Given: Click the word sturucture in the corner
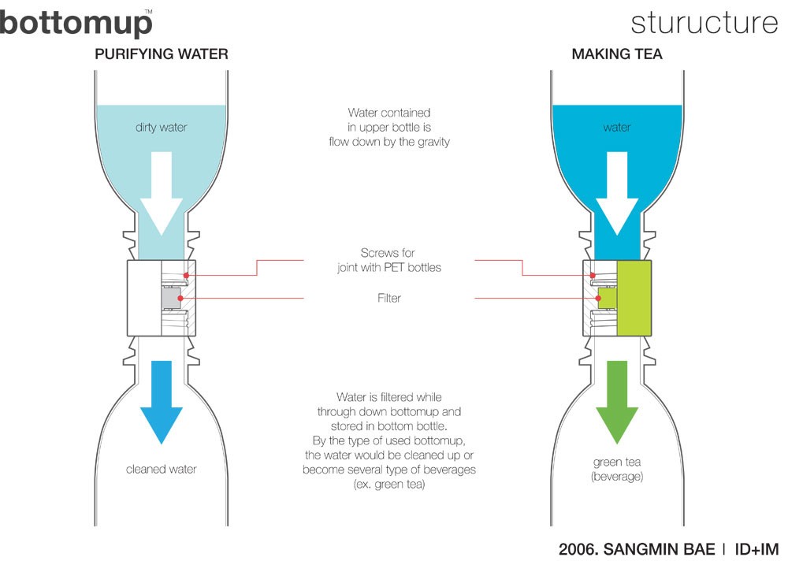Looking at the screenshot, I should (x=704, y=23).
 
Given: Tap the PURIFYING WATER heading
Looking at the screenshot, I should (x=162, y=54).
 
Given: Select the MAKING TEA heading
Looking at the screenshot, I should (x=617, y=54).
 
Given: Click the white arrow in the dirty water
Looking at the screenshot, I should (x=162, y=193).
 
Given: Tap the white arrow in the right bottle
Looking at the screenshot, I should (x=618, y=193).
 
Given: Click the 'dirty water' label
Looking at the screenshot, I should (x=161, y=126).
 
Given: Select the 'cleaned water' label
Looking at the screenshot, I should (x=161, y=470).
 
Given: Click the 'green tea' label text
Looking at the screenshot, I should (x=618, y=463).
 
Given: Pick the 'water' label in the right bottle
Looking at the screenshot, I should (x=618, y=126).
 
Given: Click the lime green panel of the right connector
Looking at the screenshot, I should (x=634, y=298).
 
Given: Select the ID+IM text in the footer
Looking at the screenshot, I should (x=751, y=547).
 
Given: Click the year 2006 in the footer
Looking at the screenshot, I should (x=578, y=547).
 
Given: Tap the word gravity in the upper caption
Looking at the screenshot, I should (x=430, y=143).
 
